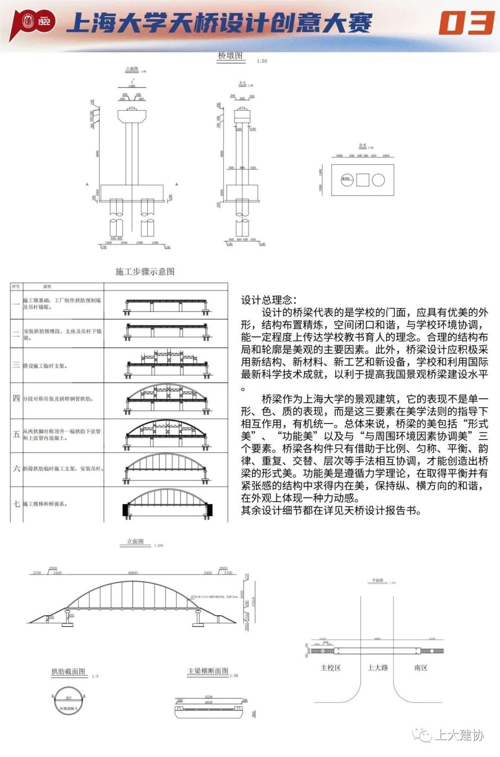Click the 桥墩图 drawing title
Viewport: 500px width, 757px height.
tap(230, 56)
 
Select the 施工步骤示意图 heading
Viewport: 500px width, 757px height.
tap(145, 271)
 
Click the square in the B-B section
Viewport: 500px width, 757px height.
tap(362, 180)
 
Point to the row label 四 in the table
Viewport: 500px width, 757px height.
tap(16, 398)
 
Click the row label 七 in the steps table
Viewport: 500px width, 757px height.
tap(16, 504)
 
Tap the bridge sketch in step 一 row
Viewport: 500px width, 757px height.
tap(167, 306)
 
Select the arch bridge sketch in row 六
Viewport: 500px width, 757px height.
tap(167, 469)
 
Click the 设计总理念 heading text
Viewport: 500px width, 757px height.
tap(269, 300)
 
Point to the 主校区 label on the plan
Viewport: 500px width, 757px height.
tap(331, 668)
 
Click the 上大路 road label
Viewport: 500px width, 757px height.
tap(378, 668)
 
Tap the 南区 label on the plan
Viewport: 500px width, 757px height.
tap(421, 668)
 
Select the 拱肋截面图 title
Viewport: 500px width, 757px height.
tap(68, 671)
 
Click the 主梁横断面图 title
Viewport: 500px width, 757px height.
tap(208, 671)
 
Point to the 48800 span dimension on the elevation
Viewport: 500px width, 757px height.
tap(133, 573)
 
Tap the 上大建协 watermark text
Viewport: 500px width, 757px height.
tap(459, 735)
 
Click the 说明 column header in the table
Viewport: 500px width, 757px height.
tap(47, 287)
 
